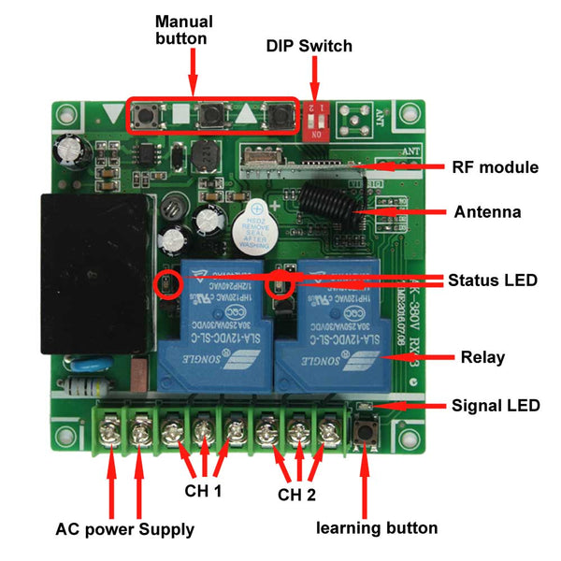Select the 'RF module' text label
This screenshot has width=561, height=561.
pos(495,168)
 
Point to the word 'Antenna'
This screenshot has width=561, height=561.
pos(487,212)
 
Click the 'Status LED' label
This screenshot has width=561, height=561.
pos(492,280)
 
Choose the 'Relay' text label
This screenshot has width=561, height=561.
pos(482,357)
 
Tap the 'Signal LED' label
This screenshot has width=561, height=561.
pos(496,406)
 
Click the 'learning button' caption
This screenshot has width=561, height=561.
pos(376,528)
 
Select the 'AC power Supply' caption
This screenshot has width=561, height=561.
pos(125,529)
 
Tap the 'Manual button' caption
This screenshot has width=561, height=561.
pos(183,30)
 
